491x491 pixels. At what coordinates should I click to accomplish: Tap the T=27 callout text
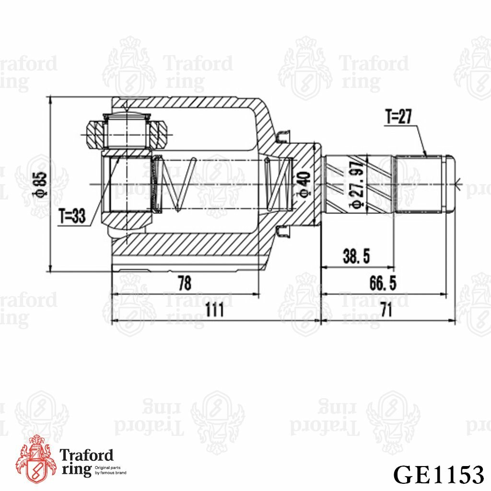point(398,117)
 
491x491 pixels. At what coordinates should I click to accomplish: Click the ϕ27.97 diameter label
point(356,185)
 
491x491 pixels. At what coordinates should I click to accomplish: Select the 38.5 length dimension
point(356,257)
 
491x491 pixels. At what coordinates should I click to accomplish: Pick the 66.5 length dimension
point(383,283)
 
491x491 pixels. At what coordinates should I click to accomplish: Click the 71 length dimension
point(386,311)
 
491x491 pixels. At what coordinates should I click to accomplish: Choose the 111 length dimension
point(215,311)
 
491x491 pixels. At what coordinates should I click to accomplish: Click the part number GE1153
point(438,474)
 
